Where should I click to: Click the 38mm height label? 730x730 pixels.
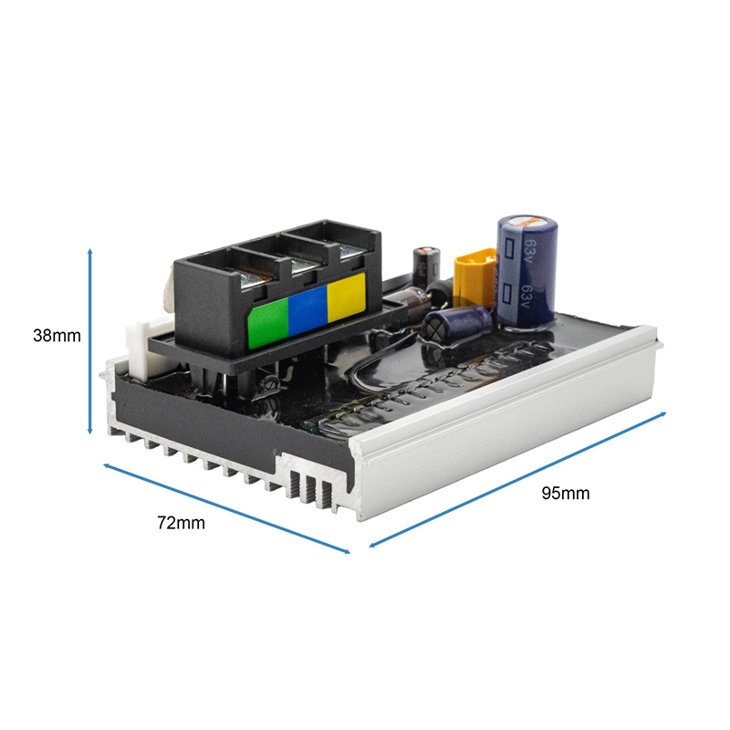(57, 336)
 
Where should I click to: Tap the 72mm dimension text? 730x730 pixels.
(181, 523)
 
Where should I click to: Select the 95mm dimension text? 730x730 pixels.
(565, 493)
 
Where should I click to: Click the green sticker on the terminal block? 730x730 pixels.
(268, 324)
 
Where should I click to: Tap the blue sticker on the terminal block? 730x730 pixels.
(308, 310)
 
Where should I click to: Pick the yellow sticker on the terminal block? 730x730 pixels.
(347, 297)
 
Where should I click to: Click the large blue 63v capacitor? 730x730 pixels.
(527, 272)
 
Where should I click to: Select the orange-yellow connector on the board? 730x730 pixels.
(474, 278)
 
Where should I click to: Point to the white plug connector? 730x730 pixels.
(145, 347)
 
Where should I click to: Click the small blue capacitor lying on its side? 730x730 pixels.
(456, 325)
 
